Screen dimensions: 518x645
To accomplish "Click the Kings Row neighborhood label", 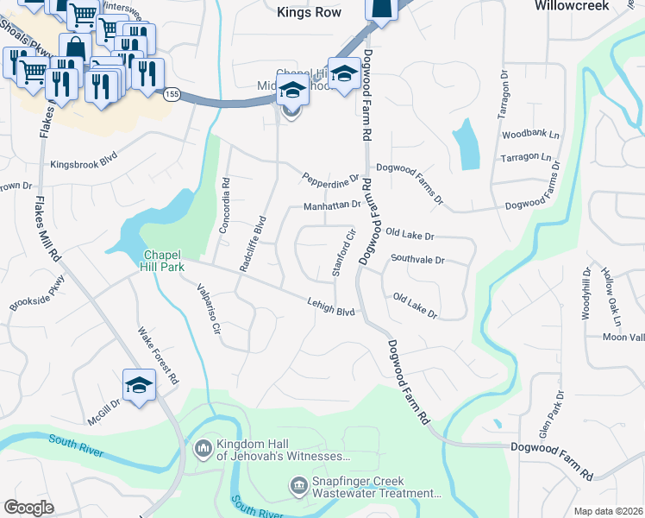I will click(310, 12).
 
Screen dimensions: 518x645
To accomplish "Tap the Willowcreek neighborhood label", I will click(571, 6).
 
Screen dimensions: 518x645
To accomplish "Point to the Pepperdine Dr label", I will click(329, 178).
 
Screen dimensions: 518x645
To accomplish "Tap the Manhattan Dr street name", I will click(331, 206).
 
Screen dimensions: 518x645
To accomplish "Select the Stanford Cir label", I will click(344, 253).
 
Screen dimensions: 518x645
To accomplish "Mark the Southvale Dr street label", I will click(417, 259).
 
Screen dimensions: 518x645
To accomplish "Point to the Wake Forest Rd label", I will click(159, 355).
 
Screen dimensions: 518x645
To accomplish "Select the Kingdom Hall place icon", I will click(204, 447).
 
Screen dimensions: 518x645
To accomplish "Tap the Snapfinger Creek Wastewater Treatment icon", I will click(298, 487).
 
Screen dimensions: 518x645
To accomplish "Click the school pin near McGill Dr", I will click(138, 387).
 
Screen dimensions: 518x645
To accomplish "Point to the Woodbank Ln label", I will click(530, 136).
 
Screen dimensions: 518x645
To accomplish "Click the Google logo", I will click(28, 508).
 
